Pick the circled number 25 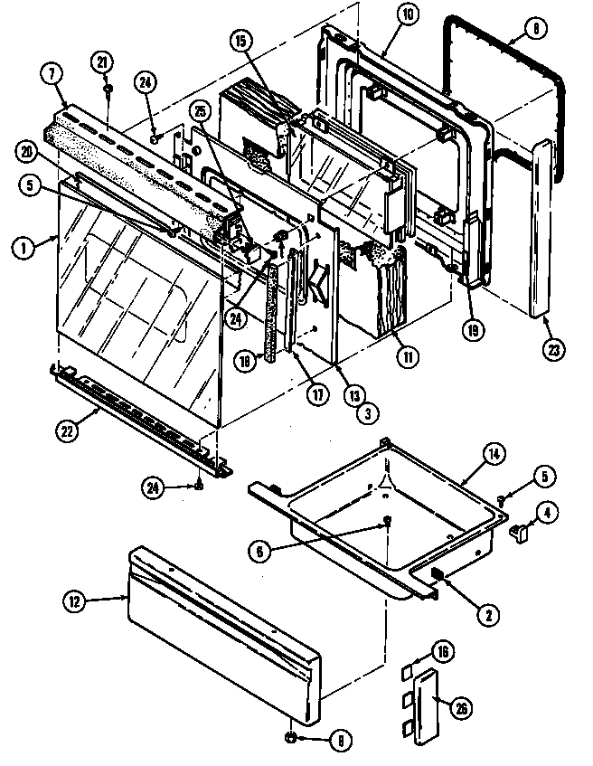point(201,109)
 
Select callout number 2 point(487,615)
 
